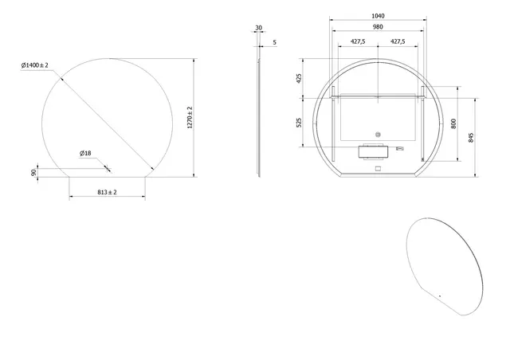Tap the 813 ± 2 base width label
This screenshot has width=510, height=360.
coord(107,192)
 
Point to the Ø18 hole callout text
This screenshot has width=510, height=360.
coord(84,153)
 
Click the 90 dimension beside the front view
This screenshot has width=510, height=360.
coord(34,172)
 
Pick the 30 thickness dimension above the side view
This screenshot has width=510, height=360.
coord(258,28)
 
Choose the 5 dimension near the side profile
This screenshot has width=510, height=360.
coord(275,41)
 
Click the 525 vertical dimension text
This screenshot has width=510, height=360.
coord(299,122)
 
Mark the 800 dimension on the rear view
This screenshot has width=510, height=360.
coord(454,124)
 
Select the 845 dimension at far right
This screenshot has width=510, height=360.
coord(473,137)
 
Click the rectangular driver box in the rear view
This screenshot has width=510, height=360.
coord(373,151)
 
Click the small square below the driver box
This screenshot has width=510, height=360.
coord(378,168)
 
